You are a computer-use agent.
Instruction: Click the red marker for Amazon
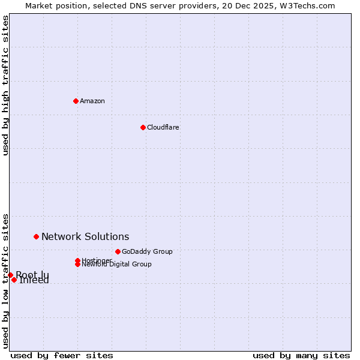tap(76, 101)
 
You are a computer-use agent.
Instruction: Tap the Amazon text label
tap(92, 101)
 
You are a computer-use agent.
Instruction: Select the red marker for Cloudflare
tap(143, 127)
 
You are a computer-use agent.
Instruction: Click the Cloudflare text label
tap(163, 127)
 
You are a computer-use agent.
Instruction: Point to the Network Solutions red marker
tap(36, 237)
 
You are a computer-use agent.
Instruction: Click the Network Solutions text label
tap(85, 237)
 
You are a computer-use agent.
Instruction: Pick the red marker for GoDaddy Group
tap(118, 251)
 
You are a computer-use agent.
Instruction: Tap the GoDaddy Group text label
tap(147, 251)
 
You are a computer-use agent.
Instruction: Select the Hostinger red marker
tap(77, 260)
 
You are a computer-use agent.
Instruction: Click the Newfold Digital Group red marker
tap(77, 265)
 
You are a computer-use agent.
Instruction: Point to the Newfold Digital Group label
tap(116, 265)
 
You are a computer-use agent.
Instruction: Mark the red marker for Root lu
tap(10, 275)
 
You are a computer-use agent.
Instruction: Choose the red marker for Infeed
tap(14, 280)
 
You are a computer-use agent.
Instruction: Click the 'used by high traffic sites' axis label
tap(5, 86)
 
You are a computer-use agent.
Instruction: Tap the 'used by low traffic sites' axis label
tap(5, 281)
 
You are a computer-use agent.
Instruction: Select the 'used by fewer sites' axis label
tap(62, 355)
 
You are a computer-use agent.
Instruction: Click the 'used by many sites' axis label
tap(301, 355)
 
